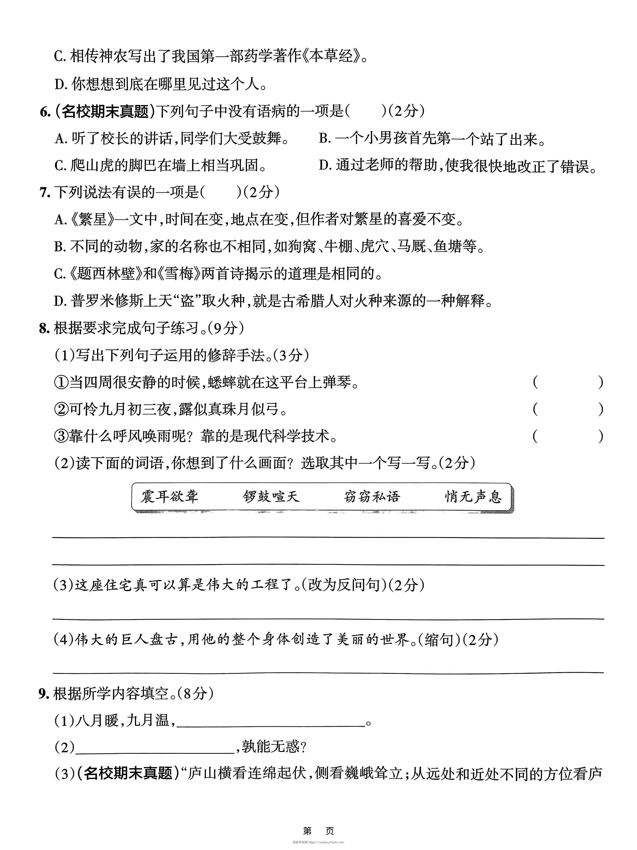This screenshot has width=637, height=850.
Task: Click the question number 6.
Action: [x=45, y=112]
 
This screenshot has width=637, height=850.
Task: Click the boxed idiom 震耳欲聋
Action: [x=169, y=497]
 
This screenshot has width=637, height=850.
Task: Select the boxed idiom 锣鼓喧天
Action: [x=271, y=497]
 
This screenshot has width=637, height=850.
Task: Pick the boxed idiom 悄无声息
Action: [x=473, y=497]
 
